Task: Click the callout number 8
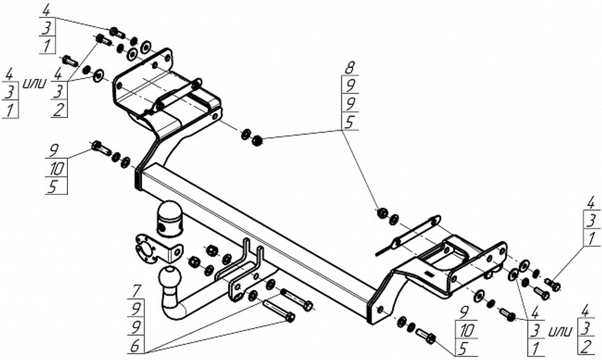pyautogui.click(x=349, y=69)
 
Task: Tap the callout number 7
pyautogui.click(x=137, y=290)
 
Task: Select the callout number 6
pyautogui.click(x=135, y=346)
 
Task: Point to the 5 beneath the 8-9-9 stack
pyautogui.click(x=349, y=122)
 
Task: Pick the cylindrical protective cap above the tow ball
pyautogui.click(x=169, y=219)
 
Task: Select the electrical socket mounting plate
pyautogui.click(x=157, y=248)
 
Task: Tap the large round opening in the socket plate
pyautogui.click(x=144, y=248)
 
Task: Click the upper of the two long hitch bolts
pyautogui.click(x=297, y=299)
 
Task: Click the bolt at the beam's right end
pyautogui.click(x=426, y=335)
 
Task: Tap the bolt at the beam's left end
pyautogui.click(x=101, y=147)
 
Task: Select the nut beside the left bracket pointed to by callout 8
pyautogui.click(x=257, y=140)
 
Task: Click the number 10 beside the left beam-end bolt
pyautogui.click(x=57, y=169)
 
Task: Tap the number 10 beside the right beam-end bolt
pyautogui.click(x=466, y=330)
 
